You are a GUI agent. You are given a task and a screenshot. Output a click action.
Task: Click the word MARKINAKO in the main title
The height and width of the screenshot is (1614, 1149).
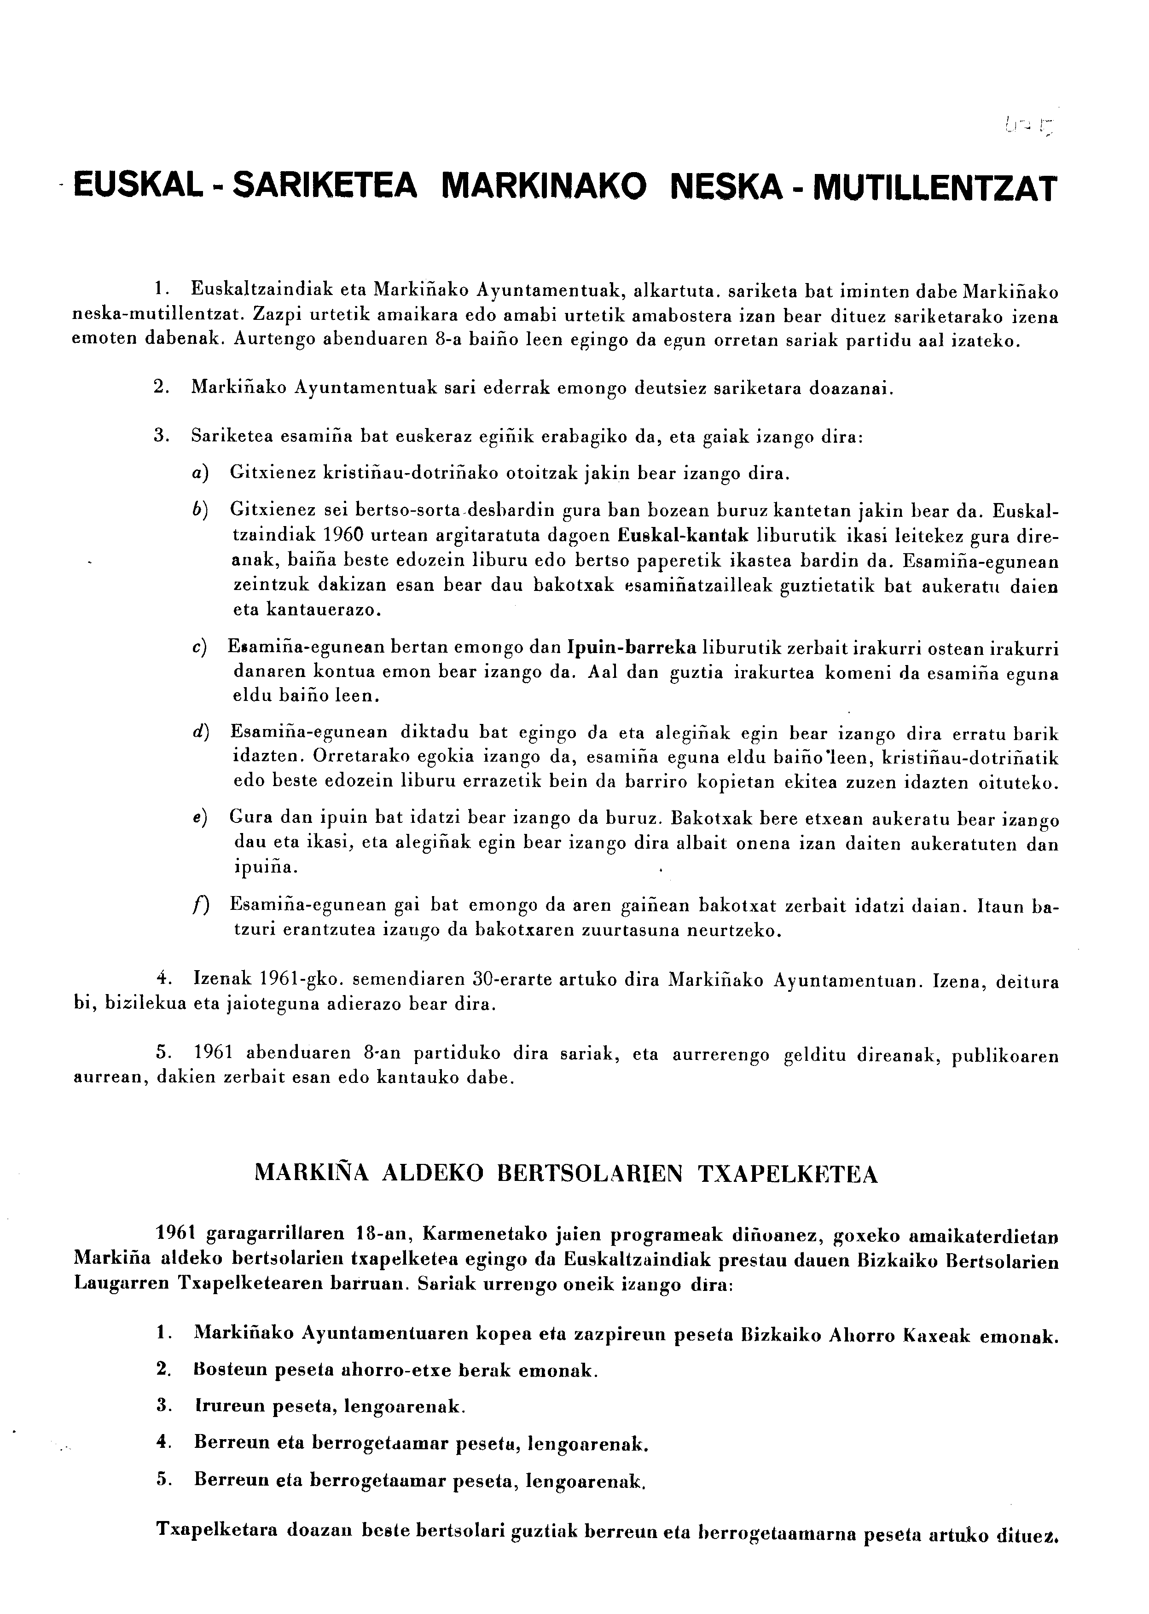543,187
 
